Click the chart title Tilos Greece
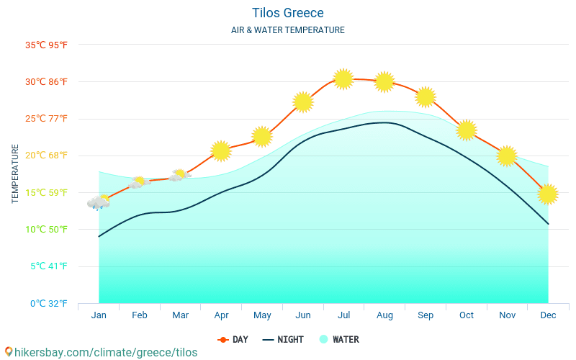tap(288, 13)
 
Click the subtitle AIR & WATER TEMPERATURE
tap(288, 30)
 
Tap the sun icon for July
tap(343, 78)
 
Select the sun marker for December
tap(548, 194)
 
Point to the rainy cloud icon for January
tap(99, 202)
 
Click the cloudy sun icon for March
tap(180, 175)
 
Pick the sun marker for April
tap(221, 150)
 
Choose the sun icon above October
tap(467, 130)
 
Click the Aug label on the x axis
tap(384, 315)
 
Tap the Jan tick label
tap(99, 315)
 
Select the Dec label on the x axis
tap(548, 315)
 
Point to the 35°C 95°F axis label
tap(46, 45)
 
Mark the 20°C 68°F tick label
tap(46, 156)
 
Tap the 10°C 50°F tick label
tap(46, 230)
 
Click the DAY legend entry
tap(233, 339)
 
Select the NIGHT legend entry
tap(283, 339)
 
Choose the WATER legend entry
tap(339, 339)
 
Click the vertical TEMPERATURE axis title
tap(15, 174)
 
